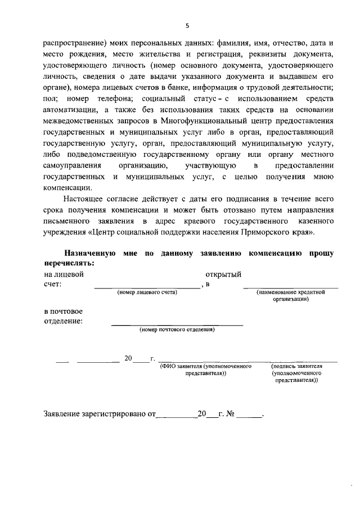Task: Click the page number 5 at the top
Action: [188, 25]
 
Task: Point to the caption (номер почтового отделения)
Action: [177, 330]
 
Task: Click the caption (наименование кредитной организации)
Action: [291, 296]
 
